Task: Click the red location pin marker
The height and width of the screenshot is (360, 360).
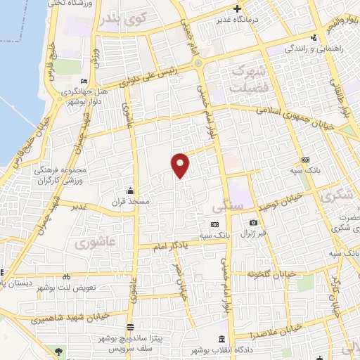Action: (x=181, y=165)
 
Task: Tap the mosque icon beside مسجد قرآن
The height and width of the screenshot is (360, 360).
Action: (x=129, y=191)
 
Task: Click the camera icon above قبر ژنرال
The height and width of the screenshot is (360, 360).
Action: (x=252, y=224)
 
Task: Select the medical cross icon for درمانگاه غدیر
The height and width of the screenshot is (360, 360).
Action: (x=238, y=9)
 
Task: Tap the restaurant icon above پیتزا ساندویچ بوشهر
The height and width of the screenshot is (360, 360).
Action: (x=131, y=326)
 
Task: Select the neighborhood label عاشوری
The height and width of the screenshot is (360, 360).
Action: (x=88, y=243)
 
